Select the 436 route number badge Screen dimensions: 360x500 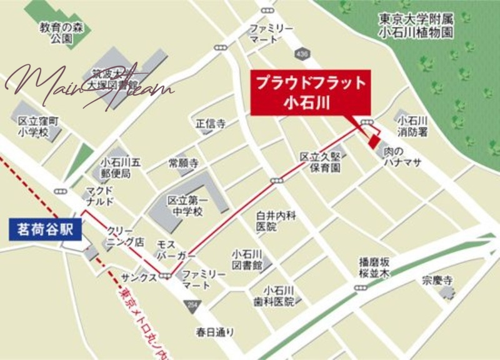(303, 55)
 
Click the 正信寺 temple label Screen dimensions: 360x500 (211, 124)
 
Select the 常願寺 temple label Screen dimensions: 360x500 (184, 164)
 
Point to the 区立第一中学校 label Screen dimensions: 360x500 (185, 206)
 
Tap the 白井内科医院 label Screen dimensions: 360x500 (274, 221)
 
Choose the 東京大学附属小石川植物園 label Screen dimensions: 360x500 (416, 26)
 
